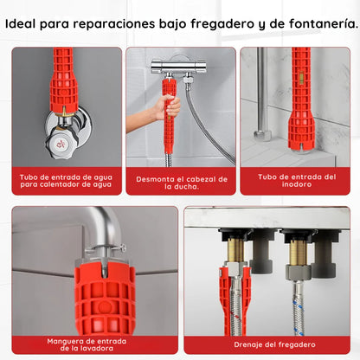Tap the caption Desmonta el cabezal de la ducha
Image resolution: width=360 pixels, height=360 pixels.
181,182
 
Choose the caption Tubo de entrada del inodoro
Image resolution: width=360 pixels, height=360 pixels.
293,180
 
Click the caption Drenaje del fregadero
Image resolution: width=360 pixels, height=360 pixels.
267,344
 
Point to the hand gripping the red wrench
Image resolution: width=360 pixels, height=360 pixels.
167,109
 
